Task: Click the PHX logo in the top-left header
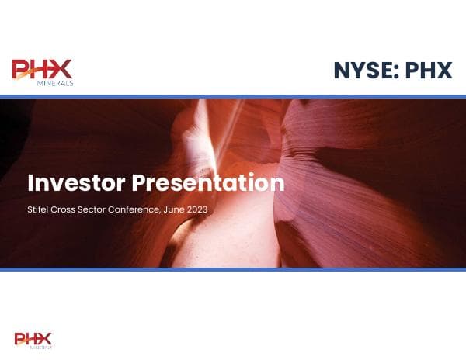(x=43, y=72)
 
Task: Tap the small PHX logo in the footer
(x=33, y=341)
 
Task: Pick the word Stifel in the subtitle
(x=37, y=210)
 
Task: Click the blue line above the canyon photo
(x=233, y=97)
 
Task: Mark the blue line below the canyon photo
(x=233, y=269)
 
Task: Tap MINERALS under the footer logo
(x=40, y=348)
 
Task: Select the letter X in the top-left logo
(x=61, y=69)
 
